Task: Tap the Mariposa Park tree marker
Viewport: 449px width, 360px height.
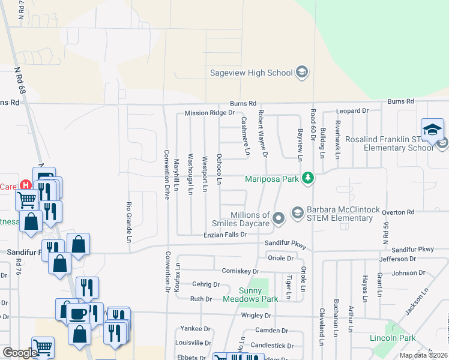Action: pyautogui.click(x=307, y=178)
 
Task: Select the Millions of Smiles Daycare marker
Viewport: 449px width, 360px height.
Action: pyautogui.click(x=278, y=218)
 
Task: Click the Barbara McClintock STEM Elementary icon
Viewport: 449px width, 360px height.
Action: pyautogui.click(x=297, y=212)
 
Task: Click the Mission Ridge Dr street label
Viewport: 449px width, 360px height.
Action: pyautogui.click(x=209, y=113)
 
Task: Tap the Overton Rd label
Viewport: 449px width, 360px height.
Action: pyautogui.click(x=399, y=212)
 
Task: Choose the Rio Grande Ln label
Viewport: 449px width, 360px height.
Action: pyautogui.click(x=128, y=222)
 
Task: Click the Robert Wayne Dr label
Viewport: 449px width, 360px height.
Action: pyautogui.click(x=262, y=134)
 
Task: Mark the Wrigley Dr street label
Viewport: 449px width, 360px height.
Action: pyautogui.click(x=256, y=315)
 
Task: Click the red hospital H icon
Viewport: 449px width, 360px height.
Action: pyautogui.click(x=25, y=186)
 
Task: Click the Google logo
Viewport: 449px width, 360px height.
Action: pyautogui.click(x=20, y=353)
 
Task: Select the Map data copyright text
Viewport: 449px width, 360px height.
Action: pyautogui.click(x=423, y=355)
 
